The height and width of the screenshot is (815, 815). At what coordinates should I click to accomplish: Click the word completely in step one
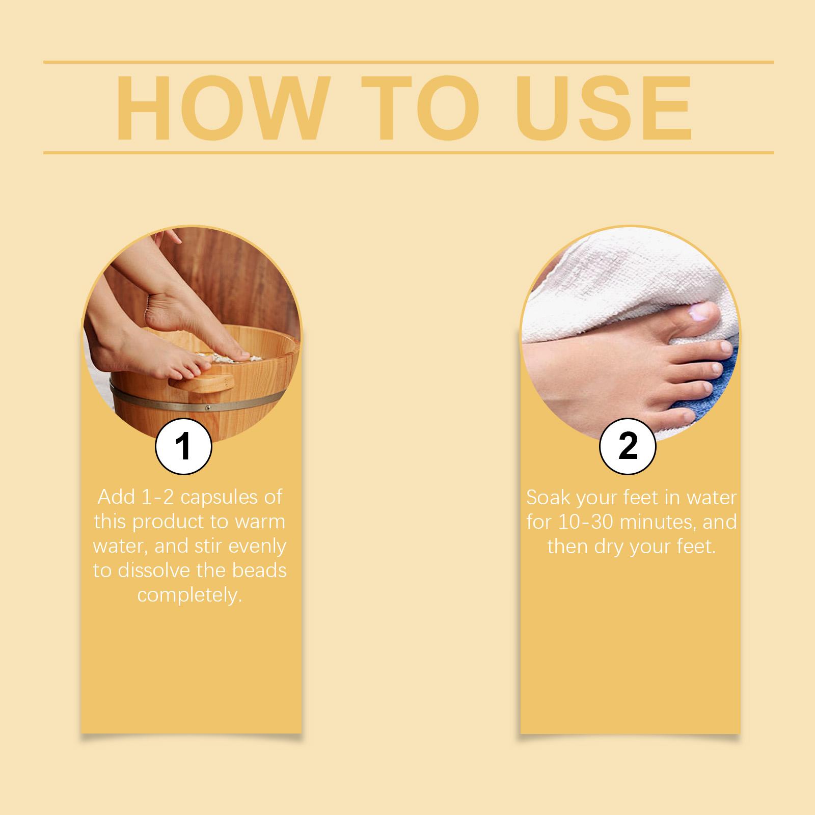tap(189, 595)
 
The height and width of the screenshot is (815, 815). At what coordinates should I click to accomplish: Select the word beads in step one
tap(260, 570)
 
